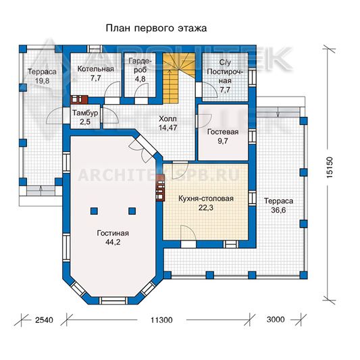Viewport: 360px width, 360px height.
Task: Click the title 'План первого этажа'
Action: tap(156, 28)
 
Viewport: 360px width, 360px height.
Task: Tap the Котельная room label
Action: tap(95, 69)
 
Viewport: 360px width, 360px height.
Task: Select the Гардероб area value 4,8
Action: tap(140, 79)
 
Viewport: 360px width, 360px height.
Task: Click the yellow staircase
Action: tap(179, 78)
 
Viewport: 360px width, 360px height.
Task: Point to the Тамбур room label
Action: tap(85, 113)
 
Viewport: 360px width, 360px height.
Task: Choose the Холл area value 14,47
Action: tap(168, 128)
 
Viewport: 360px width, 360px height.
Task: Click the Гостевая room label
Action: tap(223, 132)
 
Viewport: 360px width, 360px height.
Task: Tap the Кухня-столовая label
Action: tap(206, 199)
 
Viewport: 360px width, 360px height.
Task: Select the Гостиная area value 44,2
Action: tap(113, 242)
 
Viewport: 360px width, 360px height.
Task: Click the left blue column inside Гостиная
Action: tap(94, 211)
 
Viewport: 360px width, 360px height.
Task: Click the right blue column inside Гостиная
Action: tap(132, 211)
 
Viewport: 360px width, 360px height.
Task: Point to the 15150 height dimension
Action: tap(329, 167)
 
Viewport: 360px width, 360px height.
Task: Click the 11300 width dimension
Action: tap(161, 320)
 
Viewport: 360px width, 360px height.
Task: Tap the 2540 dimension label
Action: tap(44, 320)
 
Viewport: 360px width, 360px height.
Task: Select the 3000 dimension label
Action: tap(276, 319)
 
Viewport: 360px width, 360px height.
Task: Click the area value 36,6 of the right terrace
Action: tap(278, 210)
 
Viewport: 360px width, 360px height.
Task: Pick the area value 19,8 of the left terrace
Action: tap(43, 81)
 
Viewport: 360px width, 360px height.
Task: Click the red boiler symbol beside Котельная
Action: tap(79, 99)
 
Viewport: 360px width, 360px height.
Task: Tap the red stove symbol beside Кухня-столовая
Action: tap(160, 188)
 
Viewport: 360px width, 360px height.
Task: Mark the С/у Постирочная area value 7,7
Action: tap(225, 90)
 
